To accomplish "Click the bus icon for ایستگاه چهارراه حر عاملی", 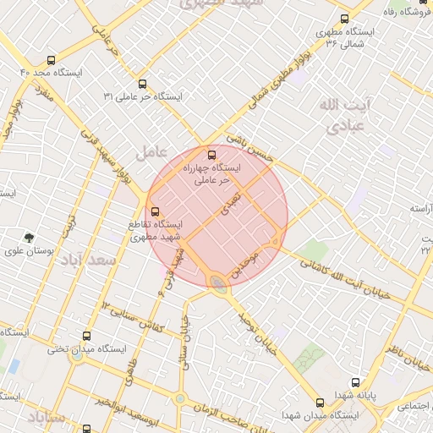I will pyautogui.click(x=211, y=155).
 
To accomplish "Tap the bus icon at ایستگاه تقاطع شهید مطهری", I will pyautogui.click(x=154, y=211).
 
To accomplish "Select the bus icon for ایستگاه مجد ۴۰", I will pyautogui.click(x=51, y=60).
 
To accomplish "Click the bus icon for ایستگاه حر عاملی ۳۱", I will pyautogui.click(x=142, y=84).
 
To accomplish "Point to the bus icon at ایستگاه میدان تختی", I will pyautogui.click(x=85, y=336).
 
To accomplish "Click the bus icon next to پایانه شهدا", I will pyautogui.click(x=354, y=382).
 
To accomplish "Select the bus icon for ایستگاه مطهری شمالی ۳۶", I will pyautogui.click(x=343, y=18).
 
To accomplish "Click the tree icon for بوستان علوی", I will pyautogui.click(x=30, y=238).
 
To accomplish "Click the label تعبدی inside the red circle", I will pyautogui.click(x=229, y=200).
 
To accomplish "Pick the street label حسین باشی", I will pyautogui.click(x=250, y=149).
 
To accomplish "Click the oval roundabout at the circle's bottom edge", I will pyautogui.click(x=218, y=282).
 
